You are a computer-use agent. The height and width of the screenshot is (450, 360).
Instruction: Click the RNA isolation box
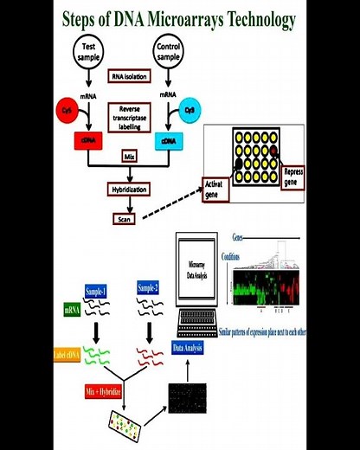[130, 75]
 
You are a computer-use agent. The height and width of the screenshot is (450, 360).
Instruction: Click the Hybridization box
[132, 188]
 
